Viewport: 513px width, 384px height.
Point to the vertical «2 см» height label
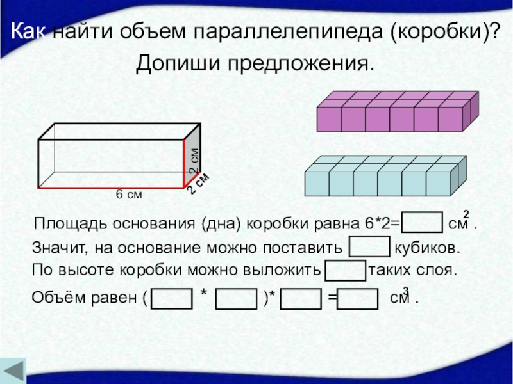tap(194, 161)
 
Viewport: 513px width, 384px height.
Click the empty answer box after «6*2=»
tap(423, 224)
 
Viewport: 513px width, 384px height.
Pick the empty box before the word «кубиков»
tap(369, 247)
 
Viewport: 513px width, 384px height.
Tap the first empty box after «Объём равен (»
tap(171, 298)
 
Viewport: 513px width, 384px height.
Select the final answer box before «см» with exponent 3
tap(357, 298)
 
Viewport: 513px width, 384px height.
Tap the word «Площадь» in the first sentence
tap(61, 225)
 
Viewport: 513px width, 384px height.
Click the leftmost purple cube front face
tap(329, 119)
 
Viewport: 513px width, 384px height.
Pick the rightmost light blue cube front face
tap(439, 183)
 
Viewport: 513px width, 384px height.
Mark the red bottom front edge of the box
tap(112, 189)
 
